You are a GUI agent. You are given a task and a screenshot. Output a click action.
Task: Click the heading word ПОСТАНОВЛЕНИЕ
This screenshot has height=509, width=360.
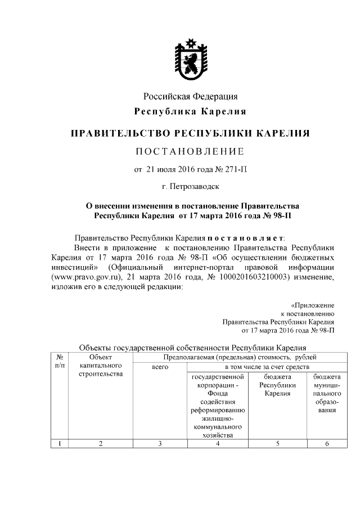click(x=190, y=151)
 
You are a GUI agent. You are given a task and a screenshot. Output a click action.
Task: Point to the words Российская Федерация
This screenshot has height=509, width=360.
click(x=190, y=96)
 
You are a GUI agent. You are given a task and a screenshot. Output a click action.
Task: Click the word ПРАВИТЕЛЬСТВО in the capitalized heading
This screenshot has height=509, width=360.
click(x=119, y=133)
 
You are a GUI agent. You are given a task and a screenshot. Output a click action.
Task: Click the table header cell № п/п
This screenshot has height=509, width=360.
click(x=60, y=361)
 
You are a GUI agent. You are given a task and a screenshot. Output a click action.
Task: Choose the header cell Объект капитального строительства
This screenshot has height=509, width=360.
click(x=101, y=366)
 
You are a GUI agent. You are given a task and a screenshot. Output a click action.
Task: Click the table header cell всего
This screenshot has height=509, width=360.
click(x=160, y=367)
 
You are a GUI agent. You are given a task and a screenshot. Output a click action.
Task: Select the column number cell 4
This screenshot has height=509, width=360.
click(x=217, y=444)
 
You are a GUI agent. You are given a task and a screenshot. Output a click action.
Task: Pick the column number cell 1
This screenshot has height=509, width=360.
click(x=60, y=444)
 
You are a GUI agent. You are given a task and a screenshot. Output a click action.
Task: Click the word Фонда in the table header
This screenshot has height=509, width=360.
click(x=217, y=394)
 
